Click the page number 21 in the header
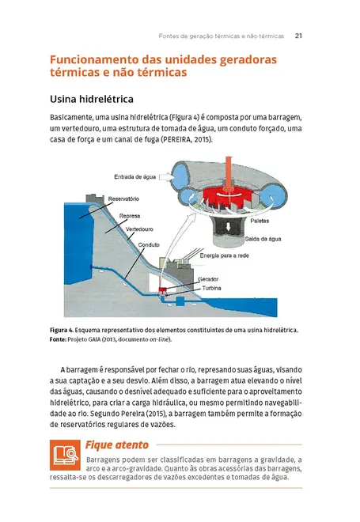pyautogui.click(x=299, y=35)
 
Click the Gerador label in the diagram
pyautogui.click(x=208, y=279)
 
